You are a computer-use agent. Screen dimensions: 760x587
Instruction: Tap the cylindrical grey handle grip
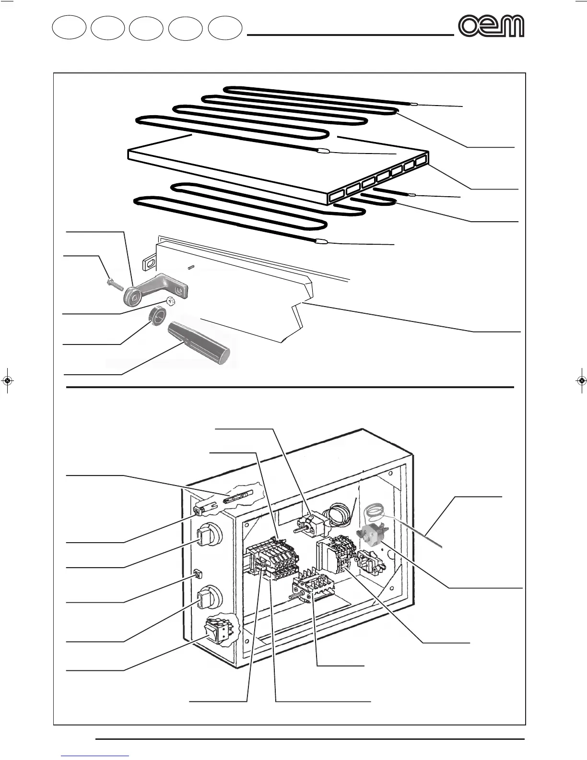click(x=198, y=343)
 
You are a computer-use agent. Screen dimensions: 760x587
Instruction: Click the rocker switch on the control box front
click(x=215, y=629)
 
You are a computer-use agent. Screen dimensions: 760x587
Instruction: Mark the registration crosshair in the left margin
click(x=7, y=381)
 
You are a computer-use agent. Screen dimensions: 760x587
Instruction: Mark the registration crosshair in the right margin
click(x=581, y=381)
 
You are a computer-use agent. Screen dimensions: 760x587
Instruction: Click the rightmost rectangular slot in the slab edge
click(x=421, y=161)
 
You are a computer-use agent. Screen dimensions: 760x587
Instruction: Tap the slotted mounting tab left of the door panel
click(x=149, y=263)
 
